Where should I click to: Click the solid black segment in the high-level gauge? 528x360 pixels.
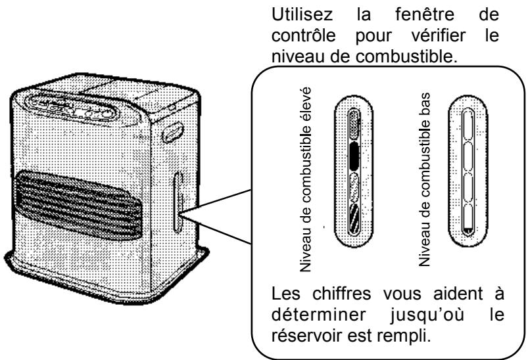tap(353, 156)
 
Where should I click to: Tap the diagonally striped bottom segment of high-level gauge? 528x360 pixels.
tap(354, 216)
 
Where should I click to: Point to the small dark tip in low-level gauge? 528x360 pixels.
tap(468, 229)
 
